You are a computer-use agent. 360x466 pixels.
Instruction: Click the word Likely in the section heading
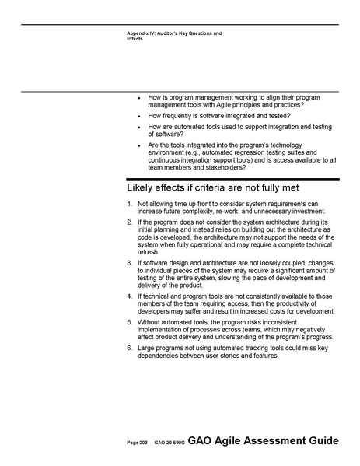[142, 189]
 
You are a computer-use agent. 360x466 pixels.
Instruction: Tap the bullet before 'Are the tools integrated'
[138, 145]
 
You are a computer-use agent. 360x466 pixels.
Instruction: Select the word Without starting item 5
[150, 321]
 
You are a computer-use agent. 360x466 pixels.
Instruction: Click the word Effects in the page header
[136, 39]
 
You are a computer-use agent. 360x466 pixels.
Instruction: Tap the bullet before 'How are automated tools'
[138, 127]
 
